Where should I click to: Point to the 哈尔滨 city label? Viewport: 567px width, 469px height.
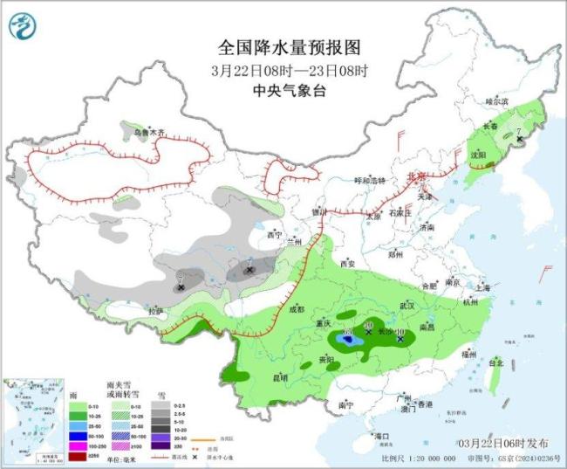tap(496, 101)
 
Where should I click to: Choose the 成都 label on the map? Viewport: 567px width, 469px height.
tap(297, 309)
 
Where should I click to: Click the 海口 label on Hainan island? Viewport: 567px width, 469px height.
tap(379, 435)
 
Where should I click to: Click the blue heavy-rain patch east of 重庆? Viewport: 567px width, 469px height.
tap(346, 341)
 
